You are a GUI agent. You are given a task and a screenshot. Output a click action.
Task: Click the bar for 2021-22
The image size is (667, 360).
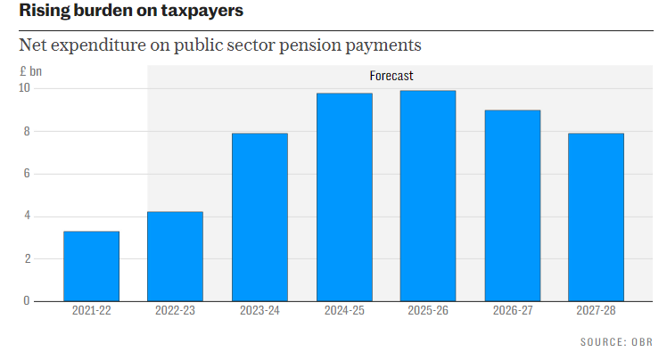coord(91,266)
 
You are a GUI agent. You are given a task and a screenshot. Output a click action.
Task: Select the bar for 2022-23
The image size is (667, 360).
coord(175,256)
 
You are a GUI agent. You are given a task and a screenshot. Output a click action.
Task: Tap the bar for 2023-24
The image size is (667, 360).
coord(259,217)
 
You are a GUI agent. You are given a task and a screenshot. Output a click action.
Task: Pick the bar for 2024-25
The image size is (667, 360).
coord(344,197)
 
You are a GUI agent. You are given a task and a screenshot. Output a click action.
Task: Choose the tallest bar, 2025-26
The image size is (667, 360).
coord(428,195)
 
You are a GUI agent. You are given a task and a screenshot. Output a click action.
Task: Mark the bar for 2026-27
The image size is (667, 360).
coord(512,205)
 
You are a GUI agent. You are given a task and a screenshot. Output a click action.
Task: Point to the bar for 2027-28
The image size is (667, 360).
coord(596,217)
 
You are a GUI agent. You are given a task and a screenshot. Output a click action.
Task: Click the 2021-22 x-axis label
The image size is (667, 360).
coord(91,312)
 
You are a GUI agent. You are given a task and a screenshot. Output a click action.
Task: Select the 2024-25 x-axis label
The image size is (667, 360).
coord(344,312)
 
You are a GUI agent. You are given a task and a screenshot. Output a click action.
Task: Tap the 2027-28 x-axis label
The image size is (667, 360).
coord(596,312)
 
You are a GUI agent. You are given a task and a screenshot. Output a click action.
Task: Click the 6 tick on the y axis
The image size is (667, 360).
coord(27,174)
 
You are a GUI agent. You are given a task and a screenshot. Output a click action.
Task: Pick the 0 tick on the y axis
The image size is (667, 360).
coord(27,301)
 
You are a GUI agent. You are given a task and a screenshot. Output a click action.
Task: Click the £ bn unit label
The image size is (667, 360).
coord(30,70)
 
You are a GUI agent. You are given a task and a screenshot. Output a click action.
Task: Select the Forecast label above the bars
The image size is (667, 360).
coord(391,76)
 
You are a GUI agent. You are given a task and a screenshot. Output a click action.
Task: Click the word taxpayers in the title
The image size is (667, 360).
coord(198,12)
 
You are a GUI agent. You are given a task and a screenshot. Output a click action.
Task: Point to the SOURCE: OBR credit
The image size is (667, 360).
coord(617,342)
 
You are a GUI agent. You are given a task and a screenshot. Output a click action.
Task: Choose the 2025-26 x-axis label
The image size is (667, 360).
coord(428,312)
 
